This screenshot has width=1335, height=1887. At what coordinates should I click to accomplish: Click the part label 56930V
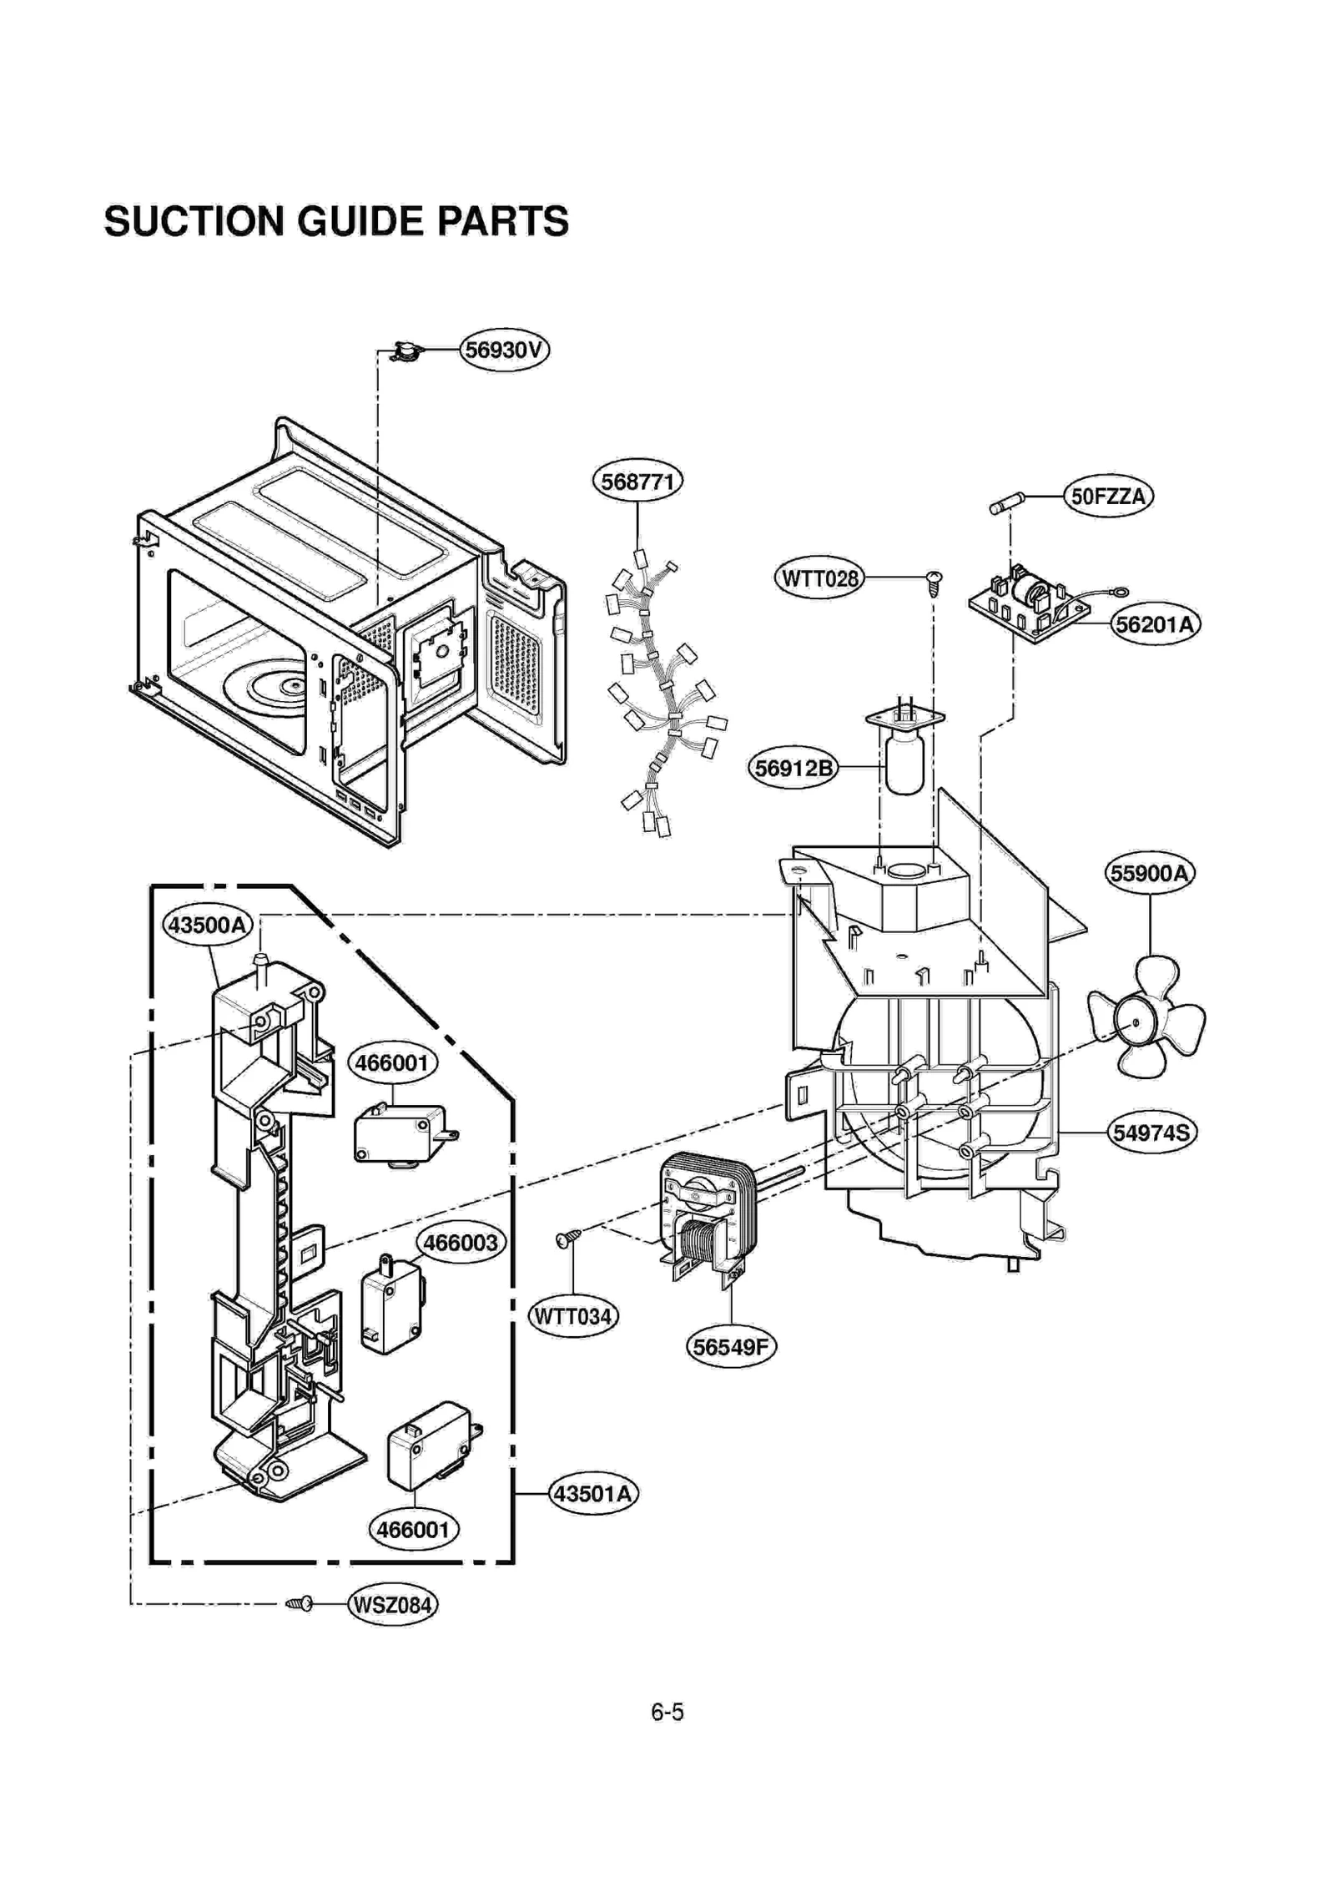504,350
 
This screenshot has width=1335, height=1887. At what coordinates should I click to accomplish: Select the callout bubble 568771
637,481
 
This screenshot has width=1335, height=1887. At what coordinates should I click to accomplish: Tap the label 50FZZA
1107,497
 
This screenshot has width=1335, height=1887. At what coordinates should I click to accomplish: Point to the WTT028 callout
819,578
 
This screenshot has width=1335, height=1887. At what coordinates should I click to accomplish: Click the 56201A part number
1155,624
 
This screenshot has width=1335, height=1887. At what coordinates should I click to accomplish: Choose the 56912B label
793,767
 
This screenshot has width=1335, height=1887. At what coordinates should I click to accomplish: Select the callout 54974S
1151,1133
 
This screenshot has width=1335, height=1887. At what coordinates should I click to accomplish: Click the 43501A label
592,1493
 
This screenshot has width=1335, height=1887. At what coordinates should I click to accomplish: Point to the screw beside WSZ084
300,1603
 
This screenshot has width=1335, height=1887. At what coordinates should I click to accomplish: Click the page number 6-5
667,1713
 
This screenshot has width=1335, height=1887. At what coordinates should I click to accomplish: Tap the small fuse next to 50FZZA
1007,505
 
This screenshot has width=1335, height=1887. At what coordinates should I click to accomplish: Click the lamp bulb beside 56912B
904,761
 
